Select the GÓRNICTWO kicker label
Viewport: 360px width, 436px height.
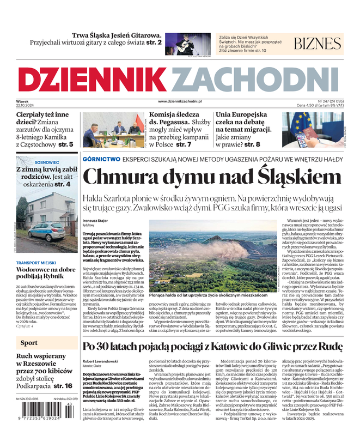coord(101,159)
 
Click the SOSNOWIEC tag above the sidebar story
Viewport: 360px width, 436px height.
coord(47,162)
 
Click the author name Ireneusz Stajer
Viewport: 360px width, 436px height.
coord(95,220)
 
